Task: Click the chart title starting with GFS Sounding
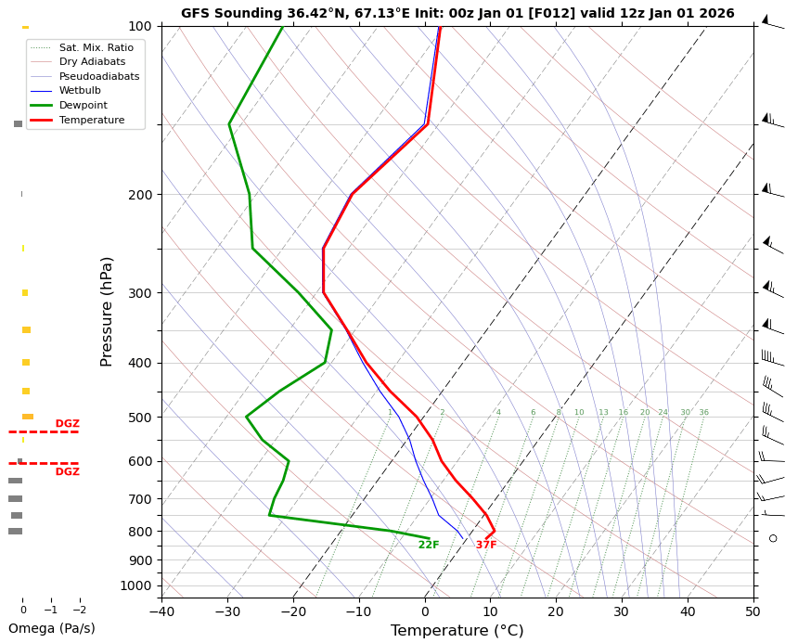tap(457, 14)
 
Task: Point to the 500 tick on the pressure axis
tap(140, 418)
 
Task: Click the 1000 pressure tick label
tap(136, 585)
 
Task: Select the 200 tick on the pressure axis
tap(140, 195)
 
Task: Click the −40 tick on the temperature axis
tap(161, 611)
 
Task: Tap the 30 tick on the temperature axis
tap(622, 611)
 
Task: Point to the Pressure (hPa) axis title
tap(107, 311)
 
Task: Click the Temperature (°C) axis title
tap(457, 631)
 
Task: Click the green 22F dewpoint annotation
tap(429, 546)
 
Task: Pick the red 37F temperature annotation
tap(486, 546)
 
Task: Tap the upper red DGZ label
tap(67, 424)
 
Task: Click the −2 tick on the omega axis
tap(80, 611)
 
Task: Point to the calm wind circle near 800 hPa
tap(773, 538)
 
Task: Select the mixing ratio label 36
tap(703, 413)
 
